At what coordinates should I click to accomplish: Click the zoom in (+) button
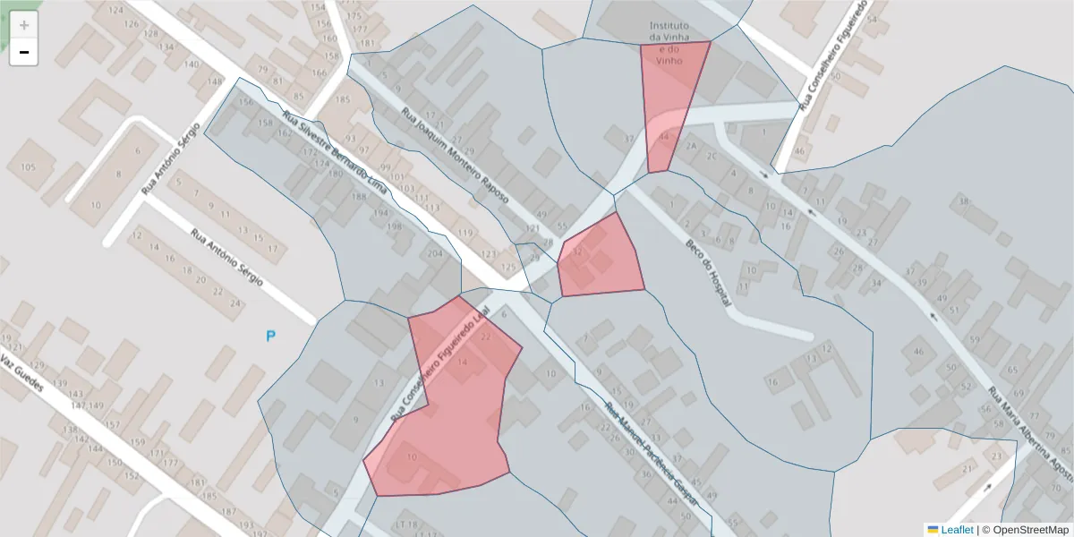pos(24,25)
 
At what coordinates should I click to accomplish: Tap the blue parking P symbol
pos(270,337)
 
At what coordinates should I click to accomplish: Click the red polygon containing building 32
pos(600,260)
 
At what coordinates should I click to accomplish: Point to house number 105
pos(28,167)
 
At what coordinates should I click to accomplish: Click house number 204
pos(435,255)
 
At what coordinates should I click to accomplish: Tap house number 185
pos(342,98)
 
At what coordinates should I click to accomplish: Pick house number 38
pos(964,201)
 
